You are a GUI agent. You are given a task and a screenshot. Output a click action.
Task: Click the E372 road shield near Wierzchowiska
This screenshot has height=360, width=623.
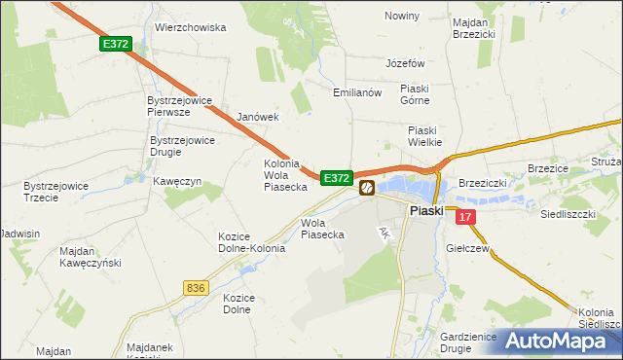pos(115,44)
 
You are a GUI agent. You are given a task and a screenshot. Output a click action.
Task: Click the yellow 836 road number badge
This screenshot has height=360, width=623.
pos(196,287)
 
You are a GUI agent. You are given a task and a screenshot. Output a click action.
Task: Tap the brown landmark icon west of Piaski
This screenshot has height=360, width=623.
pos(367,188)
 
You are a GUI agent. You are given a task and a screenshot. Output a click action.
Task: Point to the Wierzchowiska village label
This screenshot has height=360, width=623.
pos(191,27)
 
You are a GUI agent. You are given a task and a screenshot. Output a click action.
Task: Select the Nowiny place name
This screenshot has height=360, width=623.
pos(402,16)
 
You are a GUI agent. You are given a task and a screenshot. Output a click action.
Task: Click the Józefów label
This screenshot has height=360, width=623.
pos(406,62)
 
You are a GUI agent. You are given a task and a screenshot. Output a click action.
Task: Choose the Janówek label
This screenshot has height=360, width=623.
pos(258,117)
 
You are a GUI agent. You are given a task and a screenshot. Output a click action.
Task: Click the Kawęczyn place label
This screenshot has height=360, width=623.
pos(177,181)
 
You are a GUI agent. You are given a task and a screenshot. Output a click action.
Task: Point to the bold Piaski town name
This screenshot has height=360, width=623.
pos(426,210)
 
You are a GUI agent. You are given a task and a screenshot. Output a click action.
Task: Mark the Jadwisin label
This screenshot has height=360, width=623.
pos(20,234)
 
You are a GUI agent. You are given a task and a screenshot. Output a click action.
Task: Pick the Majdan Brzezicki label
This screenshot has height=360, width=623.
pos(475,26)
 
